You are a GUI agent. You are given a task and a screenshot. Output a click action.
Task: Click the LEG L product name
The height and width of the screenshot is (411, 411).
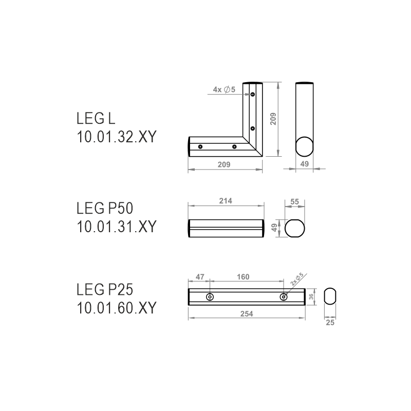click(96, 118)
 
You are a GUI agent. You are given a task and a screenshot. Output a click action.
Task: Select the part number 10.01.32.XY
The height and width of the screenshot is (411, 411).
click(117, 137)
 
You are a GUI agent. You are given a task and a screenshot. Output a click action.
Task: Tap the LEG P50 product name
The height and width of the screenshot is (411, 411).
click(105, 209)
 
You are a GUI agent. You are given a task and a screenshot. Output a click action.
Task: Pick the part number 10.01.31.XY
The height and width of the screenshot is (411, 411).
click(117, 227)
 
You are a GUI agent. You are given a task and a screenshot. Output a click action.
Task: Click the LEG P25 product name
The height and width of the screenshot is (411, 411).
click(105, 290)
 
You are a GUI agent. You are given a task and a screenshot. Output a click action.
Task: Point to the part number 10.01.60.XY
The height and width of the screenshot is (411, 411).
click(117, 308)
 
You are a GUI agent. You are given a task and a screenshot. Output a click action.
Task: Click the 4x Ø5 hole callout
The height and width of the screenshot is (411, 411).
click(224, 89)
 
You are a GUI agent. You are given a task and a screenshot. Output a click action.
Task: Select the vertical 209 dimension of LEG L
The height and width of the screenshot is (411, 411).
click(273, 119)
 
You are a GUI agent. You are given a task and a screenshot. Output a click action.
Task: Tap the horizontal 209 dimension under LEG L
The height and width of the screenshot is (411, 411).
click(224, 164)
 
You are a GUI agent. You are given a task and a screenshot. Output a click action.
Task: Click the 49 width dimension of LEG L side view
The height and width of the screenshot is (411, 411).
click(304, 164)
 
